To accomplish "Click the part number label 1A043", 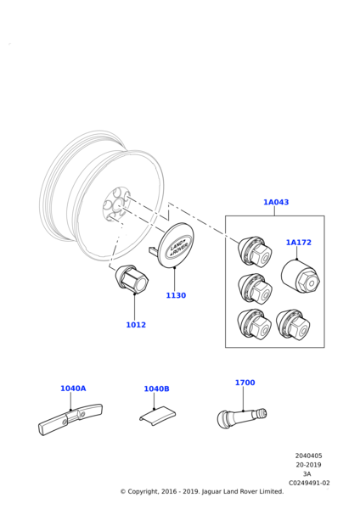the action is pyautogui.click(x=276, y=202).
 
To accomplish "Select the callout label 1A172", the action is pyautogui.click(x=298, y=243).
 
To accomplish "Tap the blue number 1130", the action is pyautogui.click(x=176, y=295).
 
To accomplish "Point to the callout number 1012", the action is pyautogui.click(x=136, y=325).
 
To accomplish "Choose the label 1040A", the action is pyautogui.click(x=73, y=389).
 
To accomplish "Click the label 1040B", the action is pyautogui.click(x=156, y=389).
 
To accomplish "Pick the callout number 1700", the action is pyautogui.click(x=245, y=383).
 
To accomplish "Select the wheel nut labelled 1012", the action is pyautogui.click(x=132, y=279).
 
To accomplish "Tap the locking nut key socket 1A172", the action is pyautogui.click(x=301, y=277).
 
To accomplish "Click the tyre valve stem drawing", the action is pyautogui.click(x=242, y=417).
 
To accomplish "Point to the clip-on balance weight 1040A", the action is pyautogui.click(x=70, y=419).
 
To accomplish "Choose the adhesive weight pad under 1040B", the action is pyautogui.click(x=158, y=416).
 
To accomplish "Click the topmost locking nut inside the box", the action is pyautogui.click(x=255, y=252).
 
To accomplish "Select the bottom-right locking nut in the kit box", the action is pyautogui.click(x=293, y=325).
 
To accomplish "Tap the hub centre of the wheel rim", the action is pyautogui.click(x=116, y=204).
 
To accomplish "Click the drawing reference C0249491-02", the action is pyautogui.click(x=309, y=483).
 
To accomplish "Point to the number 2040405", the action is pyautogui.click(x=308, y=456).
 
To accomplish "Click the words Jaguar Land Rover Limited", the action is pyautogui.click(x=243, y=491).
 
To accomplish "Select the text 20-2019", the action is pyautogui.click(x=308, y=465).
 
